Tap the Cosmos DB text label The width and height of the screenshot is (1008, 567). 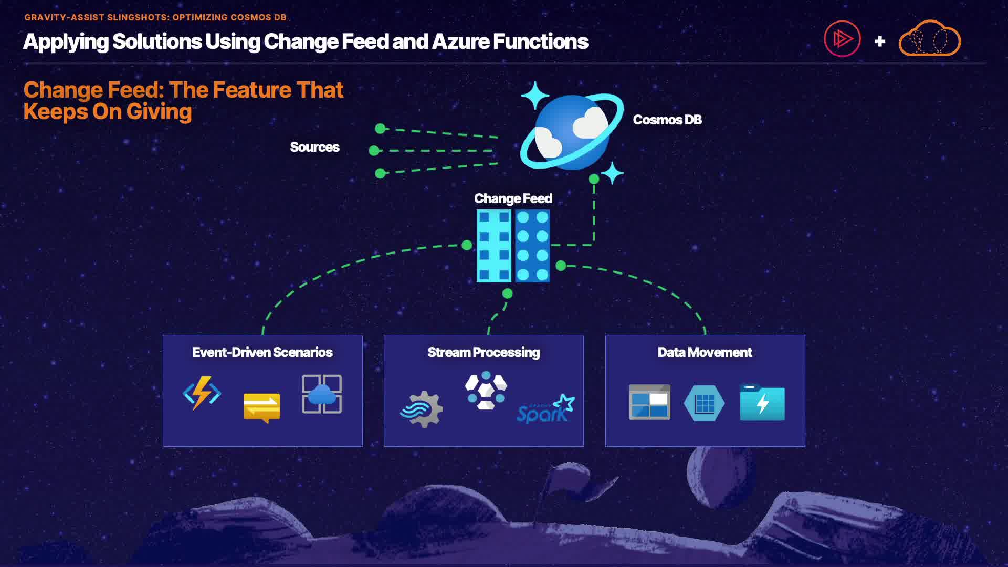[667, 120]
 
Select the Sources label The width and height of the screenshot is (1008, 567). [314, 147]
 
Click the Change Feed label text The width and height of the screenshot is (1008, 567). [513, 198]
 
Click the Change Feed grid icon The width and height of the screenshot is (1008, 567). [513, 246]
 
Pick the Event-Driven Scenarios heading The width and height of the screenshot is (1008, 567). [262, 352]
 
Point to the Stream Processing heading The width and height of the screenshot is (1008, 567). [483, 352]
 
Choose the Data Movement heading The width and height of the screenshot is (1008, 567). [705, 352]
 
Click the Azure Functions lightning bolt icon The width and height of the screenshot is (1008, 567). [202, 393]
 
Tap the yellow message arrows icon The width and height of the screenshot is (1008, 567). [261, 407]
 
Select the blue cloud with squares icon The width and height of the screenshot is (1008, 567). [322, 394]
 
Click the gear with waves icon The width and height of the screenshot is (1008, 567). [422, 409]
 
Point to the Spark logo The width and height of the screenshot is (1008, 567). [545, 409]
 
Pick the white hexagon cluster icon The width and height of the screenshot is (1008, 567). [486, 391]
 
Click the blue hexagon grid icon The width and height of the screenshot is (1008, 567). [704, 403]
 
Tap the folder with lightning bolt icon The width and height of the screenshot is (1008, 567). [762, 403]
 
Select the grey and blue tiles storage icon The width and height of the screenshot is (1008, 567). [649, 402]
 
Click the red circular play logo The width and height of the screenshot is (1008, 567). [842, 39]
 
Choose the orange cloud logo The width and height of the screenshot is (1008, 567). [929, 39]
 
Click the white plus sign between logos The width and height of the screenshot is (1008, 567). [880, 41]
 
